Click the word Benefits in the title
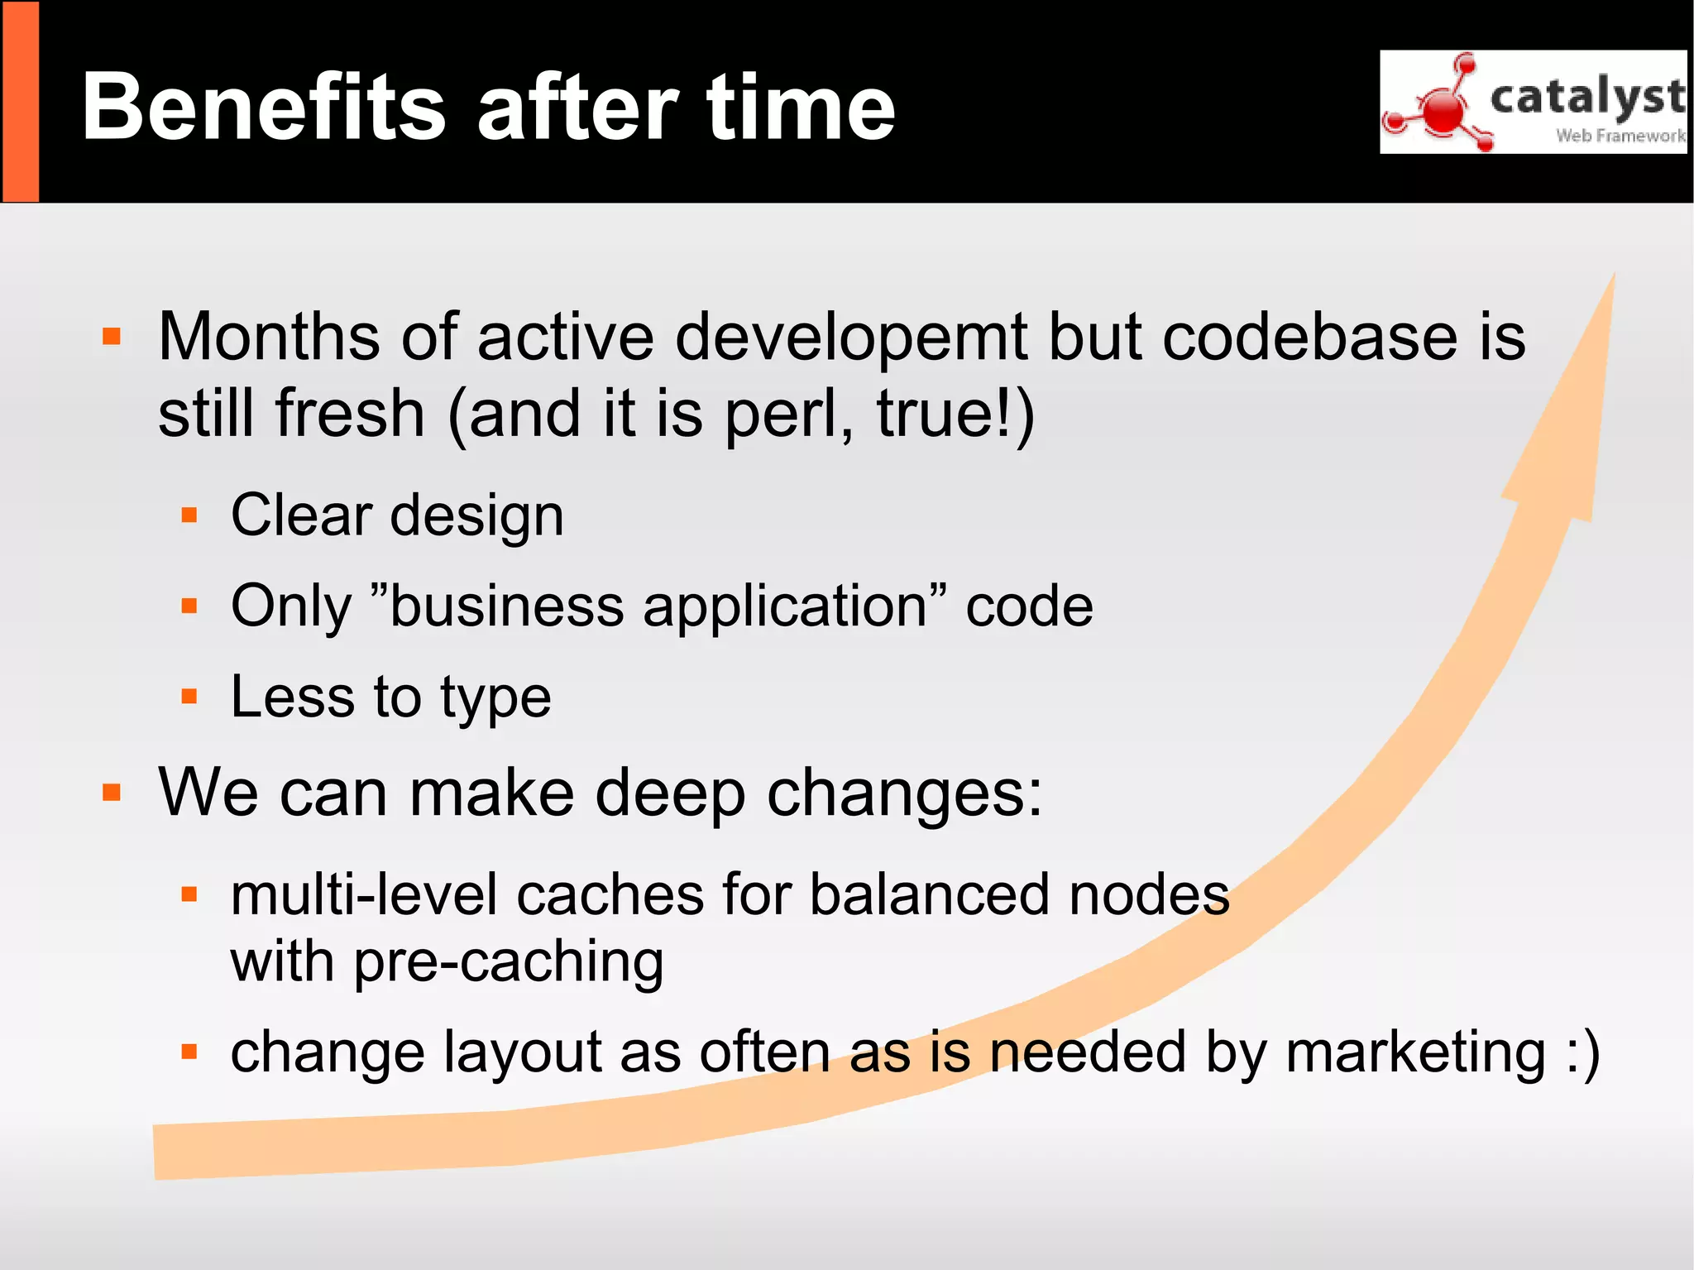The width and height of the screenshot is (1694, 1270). coord(264,108)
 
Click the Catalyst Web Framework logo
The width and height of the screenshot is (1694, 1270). coord(1533,102)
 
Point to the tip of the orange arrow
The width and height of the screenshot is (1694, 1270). coord(1613,276)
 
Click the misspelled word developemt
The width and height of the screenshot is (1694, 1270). coord(852,338)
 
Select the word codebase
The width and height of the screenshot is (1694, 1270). coord(1310,338)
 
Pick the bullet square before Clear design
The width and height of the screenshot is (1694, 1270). coord(189,515)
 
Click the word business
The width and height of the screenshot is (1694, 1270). coord(506,606)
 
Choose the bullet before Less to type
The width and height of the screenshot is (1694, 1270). coord(189,697)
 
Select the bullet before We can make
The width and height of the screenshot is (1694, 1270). coord(112,793)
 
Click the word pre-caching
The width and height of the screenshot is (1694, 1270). coord(508,963)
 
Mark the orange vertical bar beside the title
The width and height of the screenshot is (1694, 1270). coord(21,102)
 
